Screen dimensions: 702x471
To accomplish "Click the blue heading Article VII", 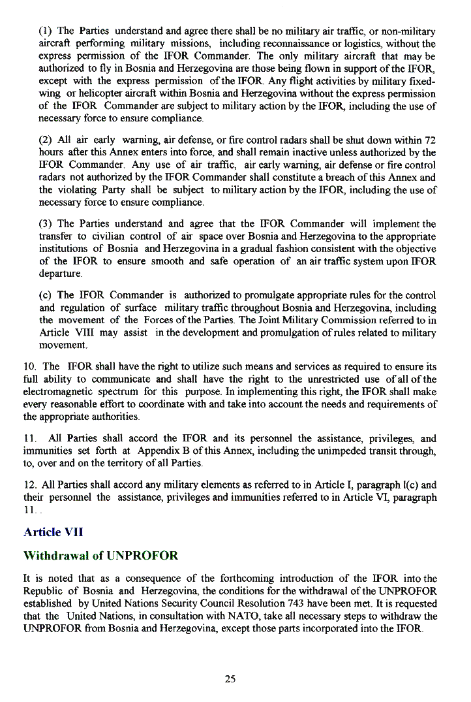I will (53, 532).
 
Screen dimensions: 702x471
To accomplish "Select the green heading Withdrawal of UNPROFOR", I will (100, 556).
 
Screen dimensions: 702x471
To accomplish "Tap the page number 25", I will (230, 679).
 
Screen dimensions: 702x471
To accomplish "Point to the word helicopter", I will (84, 95).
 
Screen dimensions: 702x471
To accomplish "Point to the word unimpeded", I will (342, 451).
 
